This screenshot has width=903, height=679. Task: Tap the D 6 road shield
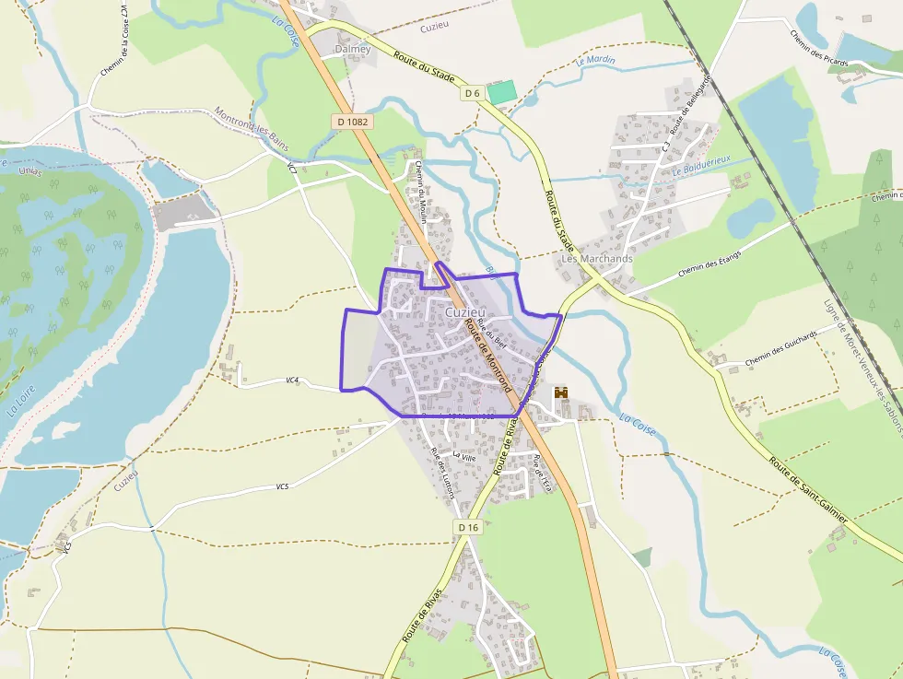tap(473, 93)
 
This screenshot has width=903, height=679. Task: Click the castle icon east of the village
tap(561, 392)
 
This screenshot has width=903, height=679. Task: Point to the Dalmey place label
tap(353, 49)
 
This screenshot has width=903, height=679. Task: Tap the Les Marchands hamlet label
tap(597, 259)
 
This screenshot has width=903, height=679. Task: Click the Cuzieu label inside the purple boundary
tap(466, 312)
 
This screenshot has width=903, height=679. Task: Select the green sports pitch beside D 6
tap(501, 91)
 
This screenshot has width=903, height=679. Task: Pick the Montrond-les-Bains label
tap(252, 129)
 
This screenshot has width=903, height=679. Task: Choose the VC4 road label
tap(292, 380)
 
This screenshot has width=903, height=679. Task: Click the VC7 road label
tap(292, 168)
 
